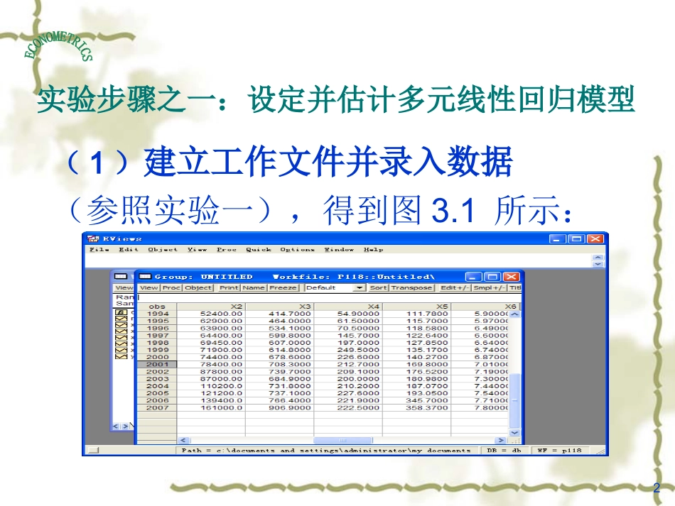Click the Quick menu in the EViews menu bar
click(259, 250)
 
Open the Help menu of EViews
click(373, 250)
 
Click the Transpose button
click(411, 287)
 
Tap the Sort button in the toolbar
click(378, 287)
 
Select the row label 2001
click(158, 364)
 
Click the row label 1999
click(158, 350)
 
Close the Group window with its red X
click(512, 276)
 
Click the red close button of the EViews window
click(595, 239)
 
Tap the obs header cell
click(158, 307)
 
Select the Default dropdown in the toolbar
click(335, 287)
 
